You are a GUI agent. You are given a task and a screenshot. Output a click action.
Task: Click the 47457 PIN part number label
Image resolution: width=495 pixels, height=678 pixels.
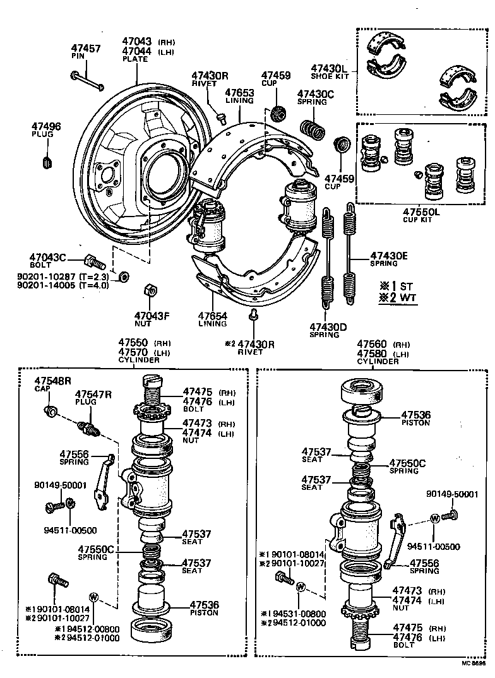click(85, 51)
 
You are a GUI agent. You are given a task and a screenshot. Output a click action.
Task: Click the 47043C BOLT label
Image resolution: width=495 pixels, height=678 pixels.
click(49, 261)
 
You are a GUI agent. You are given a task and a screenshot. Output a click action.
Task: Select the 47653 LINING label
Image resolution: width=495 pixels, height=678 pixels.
click(240, 96)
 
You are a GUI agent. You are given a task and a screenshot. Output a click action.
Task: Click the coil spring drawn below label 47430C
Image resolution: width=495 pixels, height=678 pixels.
click(311, 129)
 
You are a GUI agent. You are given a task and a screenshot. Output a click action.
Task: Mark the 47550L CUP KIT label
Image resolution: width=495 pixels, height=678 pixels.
click(420, 215)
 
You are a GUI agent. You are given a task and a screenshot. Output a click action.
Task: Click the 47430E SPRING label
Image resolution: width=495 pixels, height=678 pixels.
click(397, 259)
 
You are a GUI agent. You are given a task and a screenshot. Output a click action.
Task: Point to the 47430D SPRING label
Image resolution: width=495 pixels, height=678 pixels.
click(328, 330)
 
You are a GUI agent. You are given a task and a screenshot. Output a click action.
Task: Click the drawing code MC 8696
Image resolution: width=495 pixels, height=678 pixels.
click(472, 672)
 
